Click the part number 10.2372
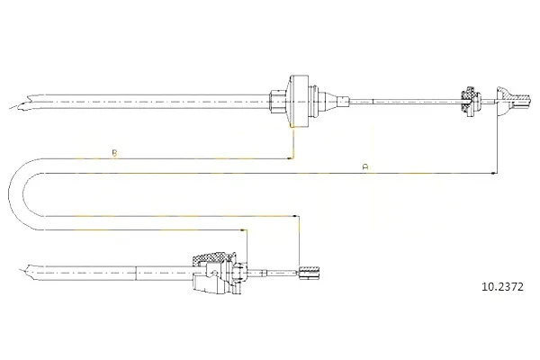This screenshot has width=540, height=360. tap(502, 286)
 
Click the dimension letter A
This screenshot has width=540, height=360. tap(365, 167)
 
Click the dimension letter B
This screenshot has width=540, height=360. tap(114, 153)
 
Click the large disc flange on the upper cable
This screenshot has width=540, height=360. tap(298, 102)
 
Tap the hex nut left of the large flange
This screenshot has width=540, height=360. tap(277, 102)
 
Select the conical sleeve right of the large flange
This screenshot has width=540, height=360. tap(333, 102)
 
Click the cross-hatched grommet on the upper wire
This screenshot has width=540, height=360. tap(470, 102)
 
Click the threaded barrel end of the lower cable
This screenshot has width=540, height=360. tap(309, 273)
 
